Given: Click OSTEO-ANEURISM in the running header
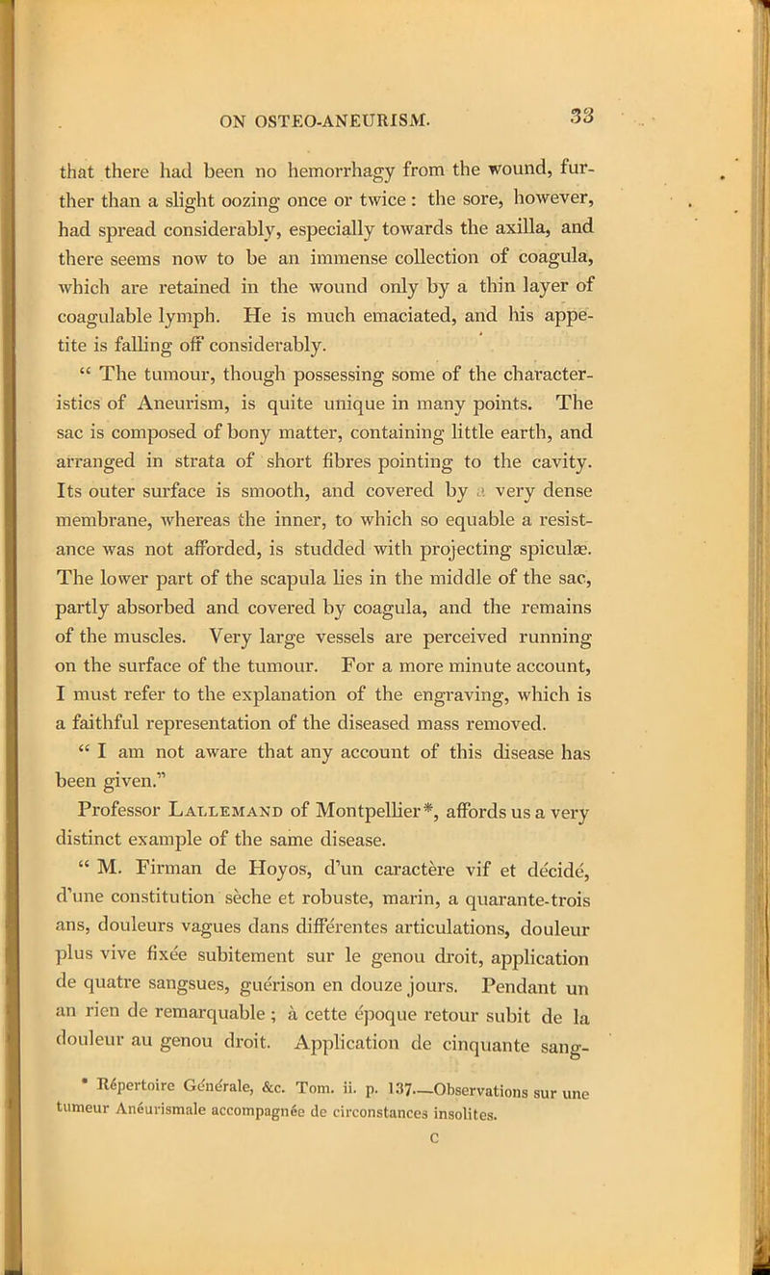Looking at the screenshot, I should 348,97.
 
